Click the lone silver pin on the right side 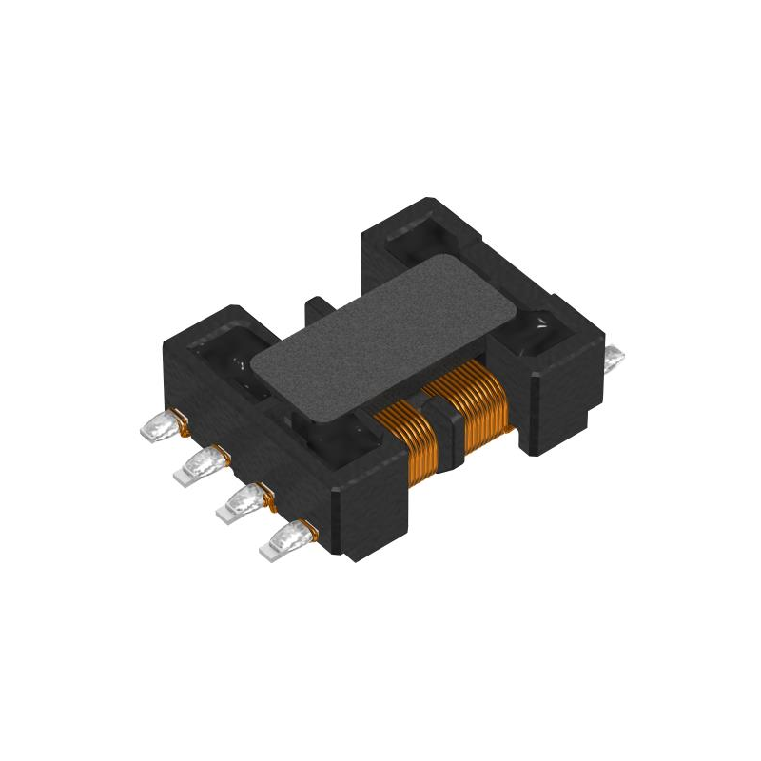615,358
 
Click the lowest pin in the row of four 286,539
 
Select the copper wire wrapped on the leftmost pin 177,419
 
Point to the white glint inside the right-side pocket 541,323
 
